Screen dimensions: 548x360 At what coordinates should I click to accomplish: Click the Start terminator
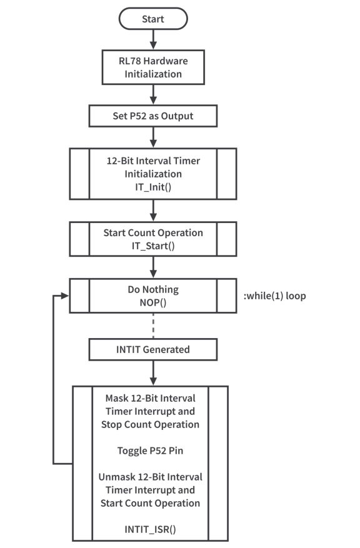point(152,19)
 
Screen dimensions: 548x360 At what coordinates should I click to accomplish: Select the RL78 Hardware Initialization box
point(152,67)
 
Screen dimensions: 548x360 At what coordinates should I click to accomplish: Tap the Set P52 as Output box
point(152,116)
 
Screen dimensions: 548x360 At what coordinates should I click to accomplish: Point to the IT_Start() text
point(153,246)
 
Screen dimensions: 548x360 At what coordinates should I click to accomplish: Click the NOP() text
point(153,302)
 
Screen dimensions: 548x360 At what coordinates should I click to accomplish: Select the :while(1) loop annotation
point(274,296)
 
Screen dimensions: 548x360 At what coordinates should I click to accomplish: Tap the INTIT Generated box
point(153,349)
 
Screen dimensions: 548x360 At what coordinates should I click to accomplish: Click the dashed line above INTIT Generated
point(153,326)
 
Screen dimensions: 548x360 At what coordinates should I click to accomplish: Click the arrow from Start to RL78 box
point(153,39)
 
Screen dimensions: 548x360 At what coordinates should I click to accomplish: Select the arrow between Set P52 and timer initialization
point(153,137)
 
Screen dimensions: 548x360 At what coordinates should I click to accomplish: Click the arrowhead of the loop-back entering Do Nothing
point(65,296)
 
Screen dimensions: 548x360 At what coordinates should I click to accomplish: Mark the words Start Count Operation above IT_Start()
point(153,233)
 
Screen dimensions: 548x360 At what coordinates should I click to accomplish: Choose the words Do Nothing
point(153,290)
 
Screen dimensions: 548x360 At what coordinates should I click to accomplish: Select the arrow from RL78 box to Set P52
point(153,94)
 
